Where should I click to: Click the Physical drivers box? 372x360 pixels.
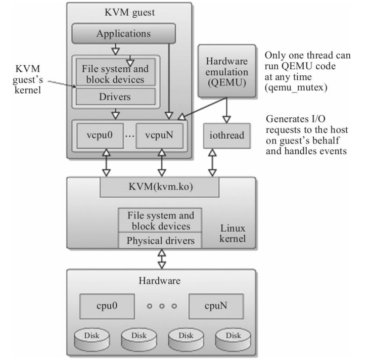click(159, 240)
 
